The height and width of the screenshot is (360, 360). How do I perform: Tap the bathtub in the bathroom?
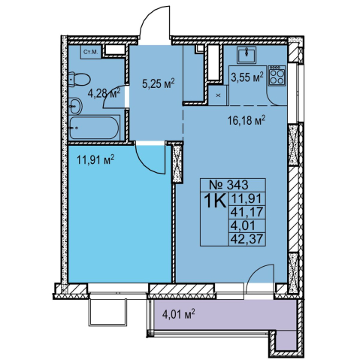(x=94, y=128)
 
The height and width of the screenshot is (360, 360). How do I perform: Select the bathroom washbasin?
(x=75, y=106)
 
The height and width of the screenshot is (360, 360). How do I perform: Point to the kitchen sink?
(x=247, y=55)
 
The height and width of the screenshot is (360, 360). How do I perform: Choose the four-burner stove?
(x=277, y=76)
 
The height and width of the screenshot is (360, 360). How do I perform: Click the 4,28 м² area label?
(x=104, y=94)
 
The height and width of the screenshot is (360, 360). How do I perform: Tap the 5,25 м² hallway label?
(x=158, y=83)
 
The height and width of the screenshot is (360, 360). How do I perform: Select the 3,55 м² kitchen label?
(x=247, y=77)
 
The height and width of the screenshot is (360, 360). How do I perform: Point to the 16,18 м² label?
(x=247, y=121)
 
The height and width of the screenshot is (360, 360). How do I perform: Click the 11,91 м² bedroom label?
(x=95, y=160)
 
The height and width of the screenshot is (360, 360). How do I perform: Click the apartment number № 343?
(x=228, y=186)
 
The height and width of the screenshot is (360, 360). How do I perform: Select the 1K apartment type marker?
(x=215, y=201)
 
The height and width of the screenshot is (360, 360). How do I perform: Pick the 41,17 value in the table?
(x=247, y=213)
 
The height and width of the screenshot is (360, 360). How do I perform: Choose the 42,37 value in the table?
(x=247, y=239)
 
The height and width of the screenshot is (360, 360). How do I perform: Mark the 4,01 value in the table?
(x=243, y=225)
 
